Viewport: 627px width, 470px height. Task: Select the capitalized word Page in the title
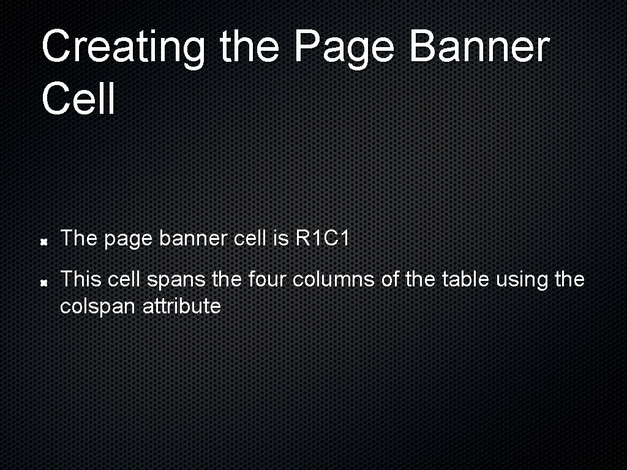tap(345, 48)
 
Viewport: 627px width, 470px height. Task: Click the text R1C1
tap(322, 239)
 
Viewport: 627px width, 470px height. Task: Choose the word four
tap(269, 280)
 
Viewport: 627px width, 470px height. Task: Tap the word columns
tap(334, 280)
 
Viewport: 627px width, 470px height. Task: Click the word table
tap(462, 280)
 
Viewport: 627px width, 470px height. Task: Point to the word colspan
tap(98, 306)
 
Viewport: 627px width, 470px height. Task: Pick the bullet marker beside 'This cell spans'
tap(44, 283)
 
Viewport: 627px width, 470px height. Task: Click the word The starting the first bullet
tap(79, 239)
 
